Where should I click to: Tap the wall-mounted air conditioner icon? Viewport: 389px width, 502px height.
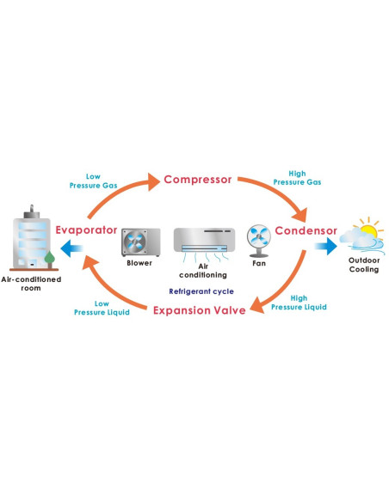coord(205,241)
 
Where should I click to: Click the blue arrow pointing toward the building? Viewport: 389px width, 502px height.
coord(72,248)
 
